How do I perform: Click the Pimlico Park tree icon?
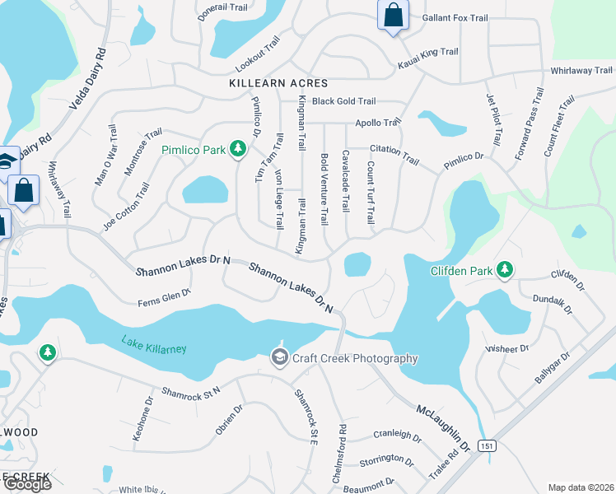pos(238,149)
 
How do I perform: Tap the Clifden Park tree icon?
pos(505,270)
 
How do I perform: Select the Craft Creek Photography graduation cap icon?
pos(279,357)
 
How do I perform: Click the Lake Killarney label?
pos(154,344)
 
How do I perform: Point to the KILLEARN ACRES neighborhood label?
pos(278,83)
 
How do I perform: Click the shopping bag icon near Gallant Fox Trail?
pos(393,14)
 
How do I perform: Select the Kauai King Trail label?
pos(427,52)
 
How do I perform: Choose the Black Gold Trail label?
pos(343,101)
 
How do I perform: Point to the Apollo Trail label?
pos(377,122)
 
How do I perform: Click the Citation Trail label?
pos(394,149)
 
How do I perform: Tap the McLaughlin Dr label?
pos(443,426)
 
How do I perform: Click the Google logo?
pos(26,484)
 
